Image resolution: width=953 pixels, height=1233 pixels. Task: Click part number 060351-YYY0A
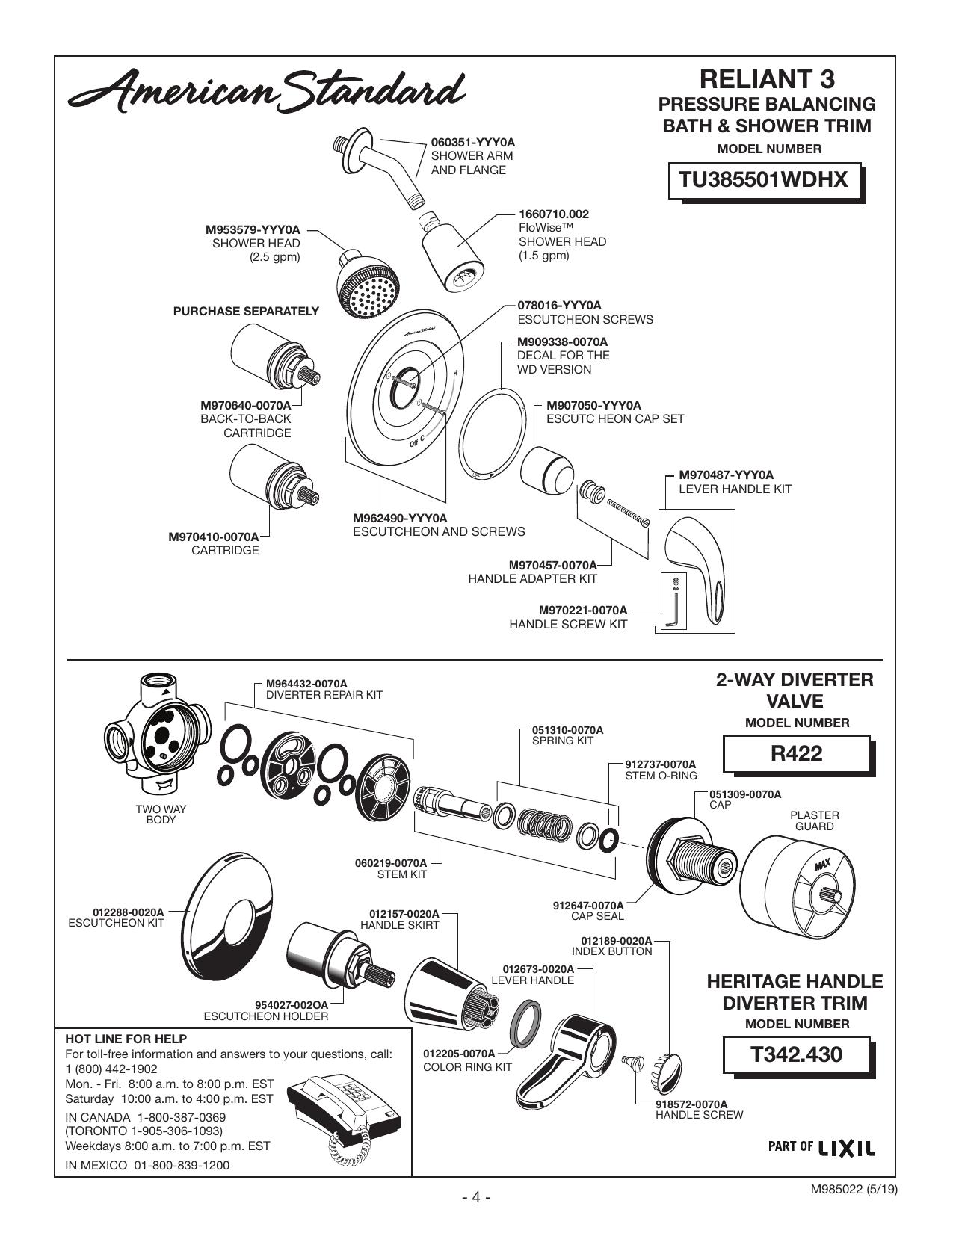[473, 143]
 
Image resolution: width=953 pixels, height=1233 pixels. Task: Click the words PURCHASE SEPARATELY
[247, 312]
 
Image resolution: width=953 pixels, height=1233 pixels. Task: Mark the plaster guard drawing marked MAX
[798, 888]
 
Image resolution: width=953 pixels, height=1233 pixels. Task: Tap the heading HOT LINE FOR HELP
[126, 1039]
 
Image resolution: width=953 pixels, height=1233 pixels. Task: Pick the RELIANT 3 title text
[767, 79]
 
